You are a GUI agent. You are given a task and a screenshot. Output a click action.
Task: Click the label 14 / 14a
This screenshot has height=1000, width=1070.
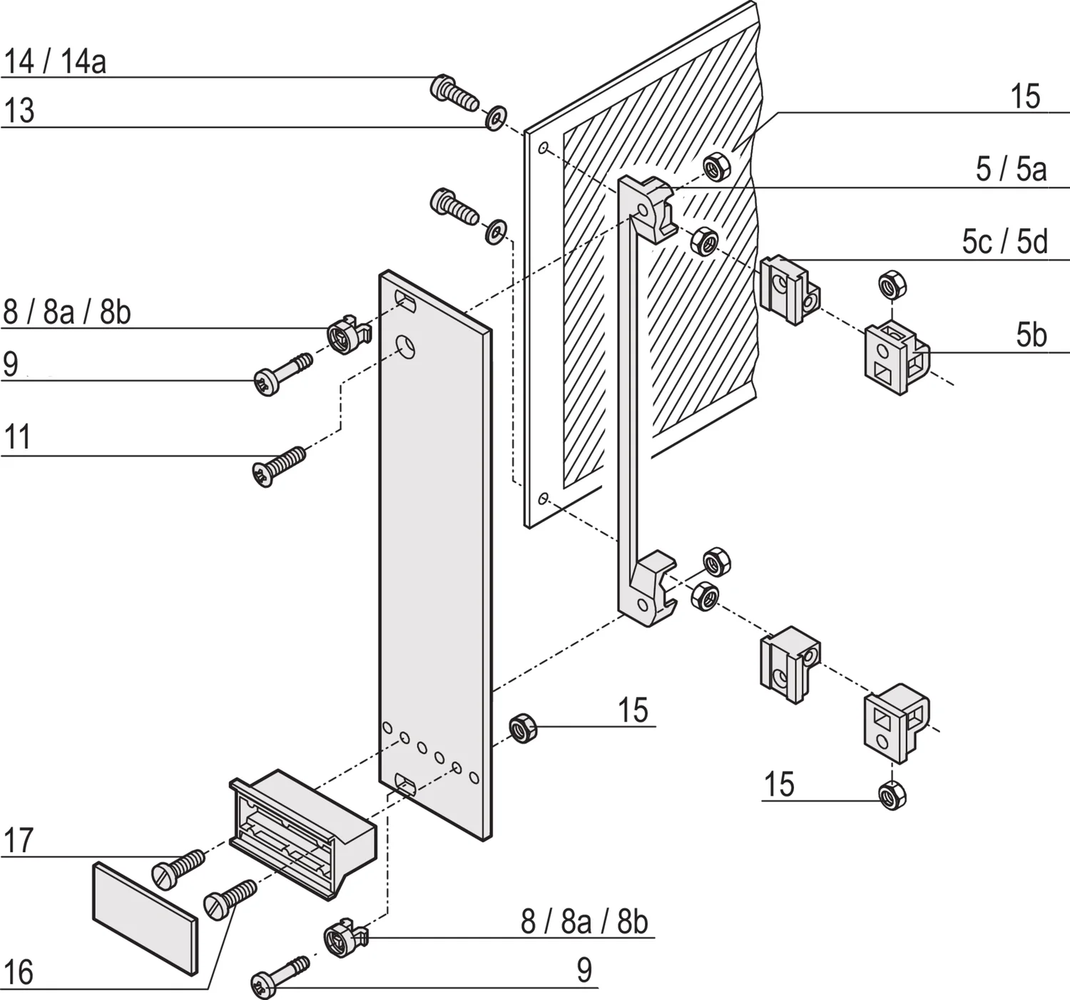(55, 61)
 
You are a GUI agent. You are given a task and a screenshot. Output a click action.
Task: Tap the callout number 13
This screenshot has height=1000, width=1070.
(19, 111)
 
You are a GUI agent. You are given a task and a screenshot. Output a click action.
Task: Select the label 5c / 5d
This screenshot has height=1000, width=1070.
(1004, 242)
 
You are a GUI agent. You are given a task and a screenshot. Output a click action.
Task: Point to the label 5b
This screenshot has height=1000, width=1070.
(1031, 335)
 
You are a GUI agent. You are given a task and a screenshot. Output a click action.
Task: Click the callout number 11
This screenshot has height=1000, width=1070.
(18, 437)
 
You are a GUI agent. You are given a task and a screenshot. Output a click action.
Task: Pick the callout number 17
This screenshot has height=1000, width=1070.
(19, 840)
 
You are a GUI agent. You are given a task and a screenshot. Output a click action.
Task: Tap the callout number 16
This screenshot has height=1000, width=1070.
(19, 972)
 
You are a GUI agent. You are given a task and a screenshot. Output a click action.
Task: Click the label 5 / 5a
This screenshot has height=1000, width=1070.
(1011, 169)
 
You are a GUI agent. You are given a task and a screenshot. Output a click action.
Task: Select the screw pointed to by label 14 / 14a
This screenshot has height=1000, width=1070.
(453, 93)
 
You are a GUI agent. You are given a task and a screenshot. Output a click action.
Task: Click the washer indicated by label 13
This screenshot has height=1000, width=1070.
(496, 118)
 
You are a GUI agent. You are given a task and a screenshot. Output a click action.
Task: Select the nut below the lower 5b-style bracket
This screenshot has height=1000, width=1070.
(891, 795)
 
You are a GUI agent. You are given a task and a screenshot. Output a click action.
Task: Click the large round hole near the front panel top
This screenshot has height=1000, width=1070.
(406, 347)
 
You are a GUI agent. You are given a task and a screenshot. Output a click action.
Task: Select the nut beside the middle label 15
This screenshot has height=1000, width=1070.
(523, 728)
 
